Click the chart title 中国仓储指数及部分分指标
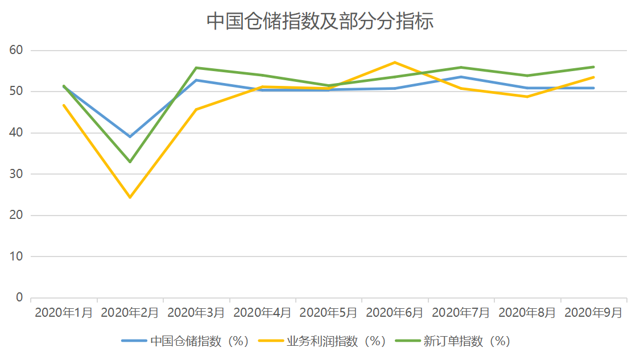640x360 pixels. click(320, 22)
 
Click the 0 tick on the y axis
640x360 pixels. click(19, 297)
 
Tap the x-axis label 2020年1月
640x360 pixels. click(64, 313)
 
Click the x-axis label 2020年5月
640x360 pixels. click(328, 313)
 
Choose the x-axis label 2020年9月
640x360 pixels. click(593, 313)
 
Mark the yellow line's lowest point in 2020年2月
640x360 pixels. click(130, 197)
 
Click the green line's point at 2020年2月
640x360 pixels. click(130, 162)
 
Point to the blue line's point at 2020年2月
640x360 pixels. click(130, 136)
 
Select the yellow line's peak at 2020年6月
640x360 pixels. click(395, 62)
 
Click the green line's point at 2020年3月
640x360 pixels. click(196, 68)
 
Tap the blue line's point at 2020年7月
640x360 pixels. click(461, 77)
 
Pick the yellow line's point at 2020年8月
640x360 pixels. click(527, 97)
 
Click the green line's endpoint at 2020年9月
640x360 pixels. click(593, 67)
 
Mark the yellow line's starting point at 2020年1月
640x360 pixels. click(64, 105)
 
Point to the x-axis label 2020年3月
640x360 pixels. click(196, 313)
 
